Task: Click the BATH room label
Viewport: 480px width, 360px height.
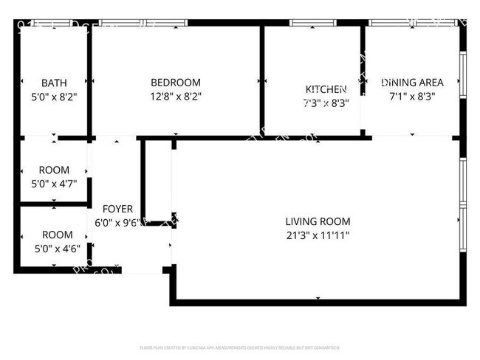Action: pyautogui.click(x=54, y=83)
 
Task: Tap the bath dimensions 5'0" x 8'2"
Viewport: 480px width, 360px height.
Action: pyautogui.click(x=54, y=96)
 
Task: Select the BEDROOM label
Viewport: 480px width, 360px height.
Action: pyautogui.click(x=175, y=83)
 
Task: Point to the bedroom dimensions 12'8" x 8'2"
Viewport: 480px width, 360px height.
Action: pyautogui.click(x=175, y=96)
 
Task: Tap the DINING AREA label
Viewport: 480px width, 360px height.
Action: pyautogui.click(x=412, y=83)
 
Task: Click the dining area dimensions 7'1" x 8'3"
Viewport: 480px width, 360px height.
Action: pyautogui.click(x=412, y=96)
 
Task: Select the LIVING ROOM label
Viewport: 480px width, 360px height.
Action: pyautogui.click(x=318, y=221)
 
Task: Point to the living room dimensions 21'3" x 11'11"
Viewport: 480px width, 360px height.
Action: pyautogui.click(x=318, y=235)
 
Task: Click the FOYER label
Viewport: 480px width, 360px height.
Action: pyautogui.click(x=117, y=209)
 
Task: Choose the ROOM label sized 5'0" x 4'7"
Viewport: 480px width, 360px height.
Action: pyautogui.click(x=54, y=170)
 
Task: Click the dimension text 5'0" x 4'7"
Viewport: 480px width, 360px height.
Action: pyautogui.click(x=54, y=183)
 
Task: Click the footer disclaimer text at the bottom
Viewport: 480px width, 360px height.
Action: pyautogui.click(x=239, y=347)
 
